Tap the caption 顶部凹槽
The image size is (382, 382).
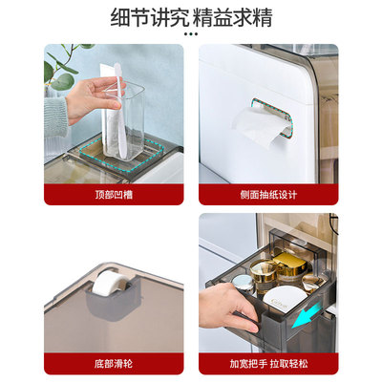pos(114,195)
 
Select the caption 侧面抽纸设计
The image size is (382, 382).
pos(268,195)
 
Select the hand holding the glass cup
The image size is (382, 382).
pos(86,95)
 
